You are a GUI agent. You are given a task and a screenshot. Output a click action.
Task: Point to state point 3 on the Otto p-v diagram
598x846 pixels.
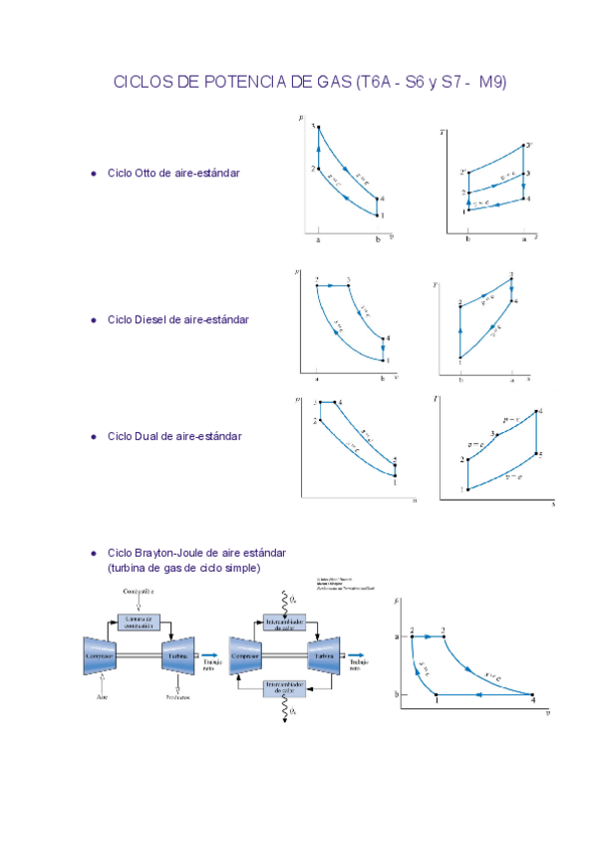[x=317, y=128]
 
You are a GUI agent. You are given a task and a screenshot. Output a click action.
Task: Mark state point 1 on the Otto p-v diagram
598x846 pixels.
[x=378, y=214]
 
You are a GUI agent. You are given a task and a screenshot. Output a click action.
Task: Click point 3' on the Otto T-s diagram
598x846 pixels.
[x=524, y=146]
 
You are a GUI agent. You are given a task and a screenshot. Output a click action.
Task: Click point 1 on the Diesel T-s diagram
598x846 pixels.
[x=459, y=358]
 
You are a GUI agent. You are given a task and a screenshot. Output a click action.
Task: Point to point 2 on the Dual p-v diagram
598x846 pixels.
[x=317, y=421]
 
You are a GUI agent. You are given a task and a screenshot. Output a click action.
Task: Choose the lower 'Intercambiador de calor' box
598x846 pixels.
[x=285, y=688]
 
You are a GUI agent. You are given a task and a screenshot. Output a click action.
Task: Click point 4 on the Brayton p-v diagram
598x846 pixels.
[x=533, y=694]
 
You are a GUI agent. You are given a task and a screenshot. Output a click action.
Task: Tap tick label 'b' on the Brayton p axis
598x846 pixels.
[x=396, y=694]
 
